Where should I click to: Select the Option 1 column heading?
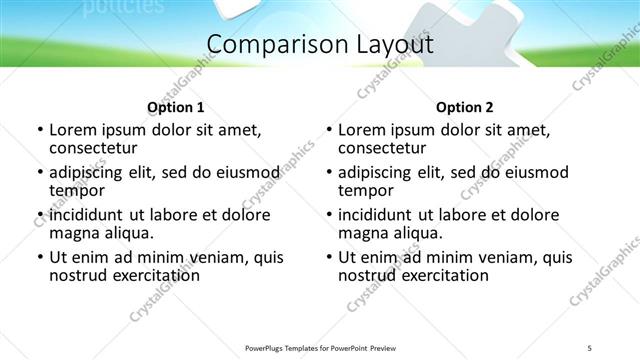pos(175,107)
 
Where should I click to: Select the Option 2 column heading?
pos(464,107)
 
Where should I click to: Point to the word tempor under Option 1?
pos(76,190)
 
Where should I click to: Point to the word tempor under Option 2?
pos(365,190)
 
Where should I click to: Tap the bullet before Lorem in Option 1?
pos(39,130)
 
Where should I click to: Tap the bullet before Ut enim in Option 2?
pos(328,257)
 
